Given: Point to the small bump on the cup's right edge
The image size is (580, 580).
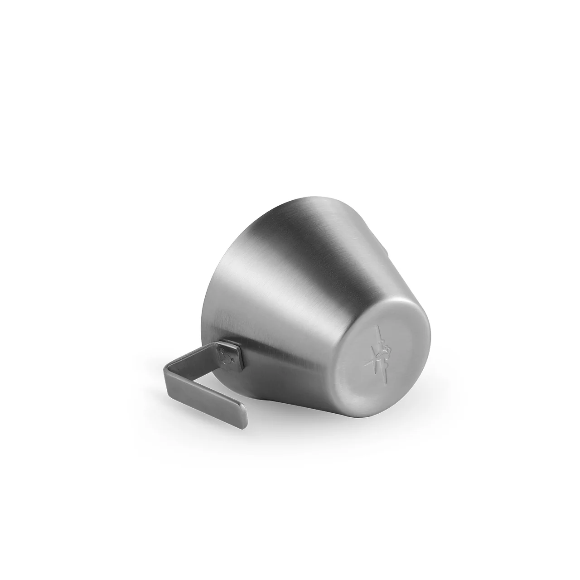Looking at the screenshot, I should pyautogui.click(x=386, y=247).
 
